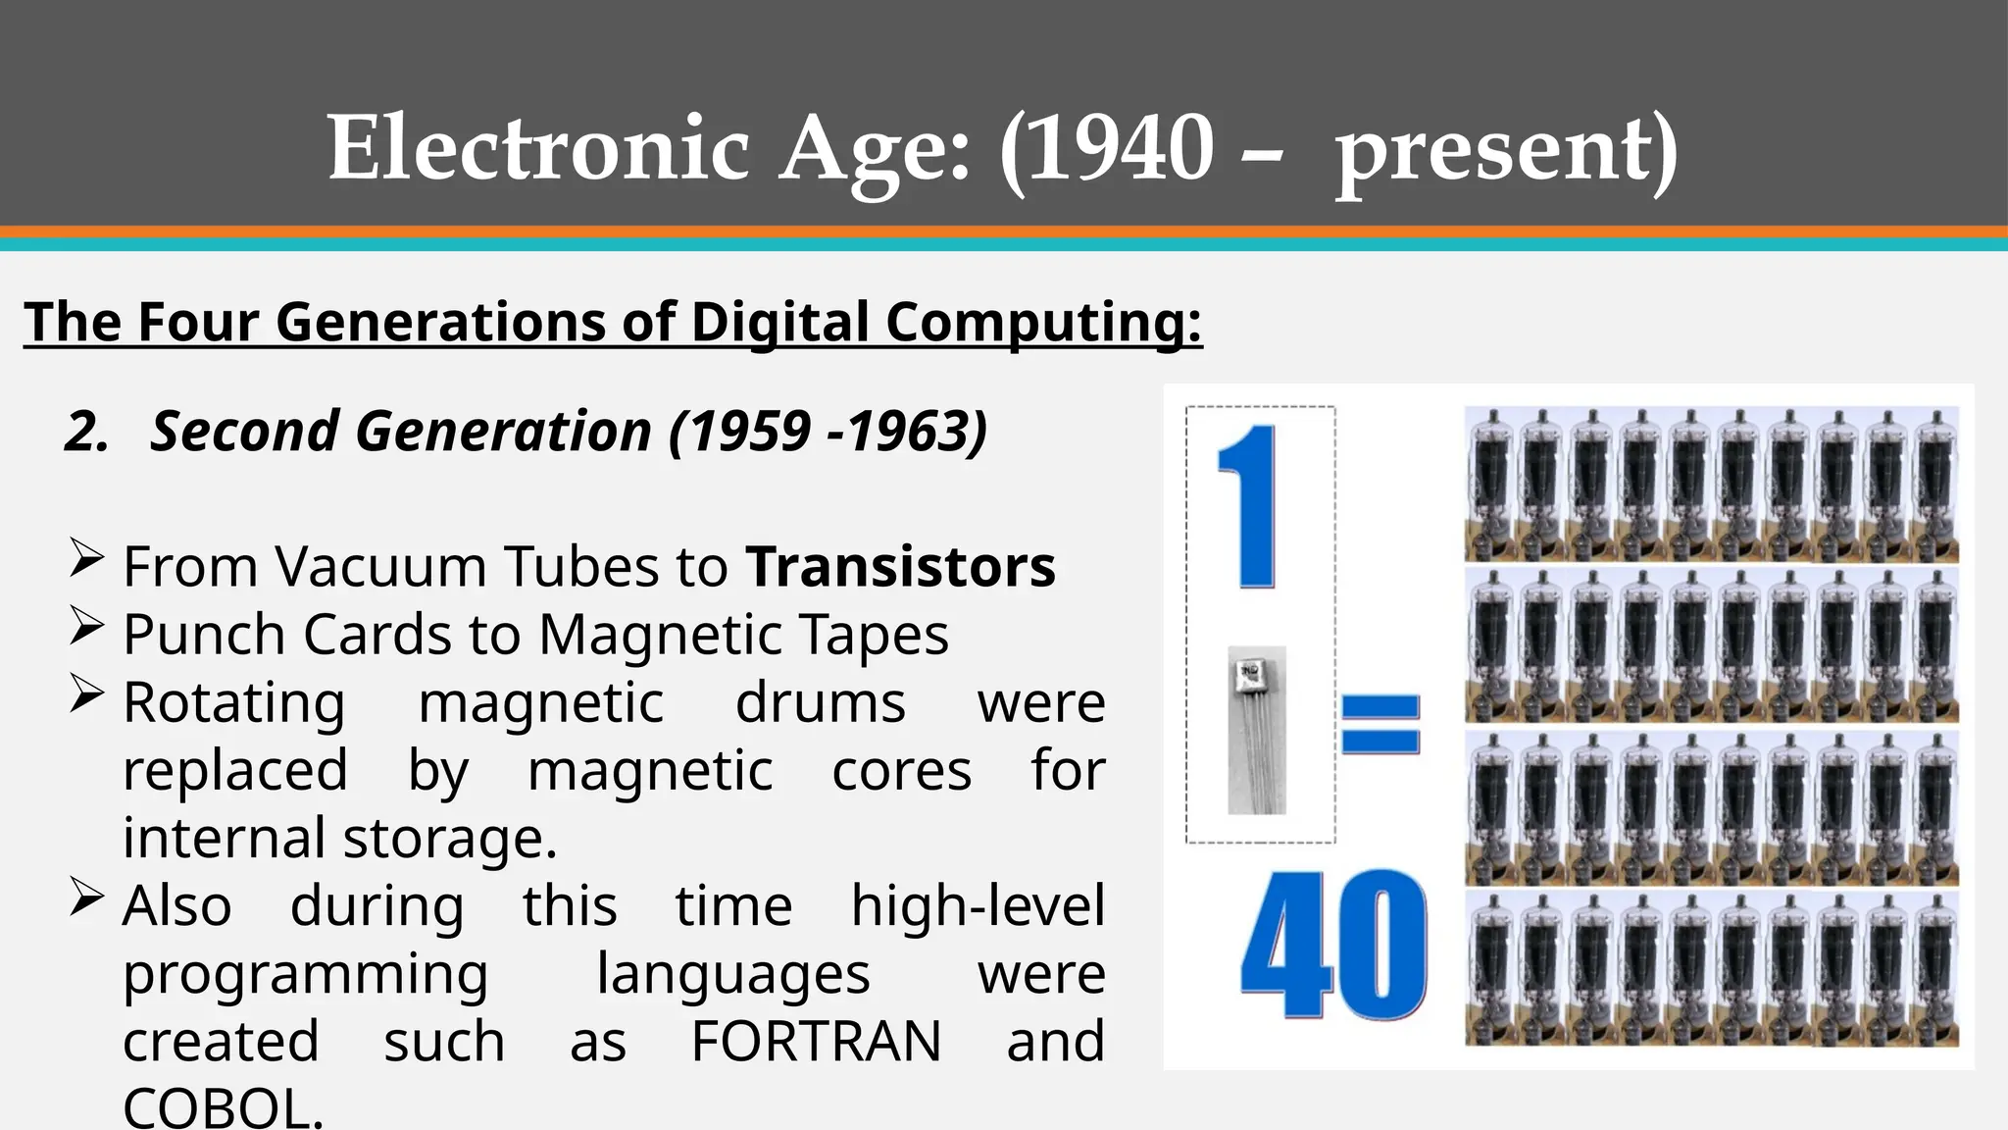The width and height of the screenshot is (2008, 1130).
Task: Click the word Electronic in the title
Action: tap(538, 148)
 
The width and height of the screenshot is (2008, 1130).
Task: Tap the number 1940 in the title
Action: tap(1107, 148)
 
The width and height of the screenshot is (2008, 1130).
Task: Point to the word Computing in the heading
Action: tap(1042, 324)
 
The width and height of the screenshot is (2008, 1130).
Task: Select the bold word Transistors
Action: tap(900, 567)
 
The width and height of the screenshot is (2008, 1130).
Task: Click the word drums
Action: tap(821, 702)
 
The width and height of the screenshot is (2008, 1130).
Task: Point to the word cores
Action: tap(901, 770)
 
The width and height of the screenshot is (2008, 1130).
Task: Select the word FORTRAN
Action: tap(816, 1041)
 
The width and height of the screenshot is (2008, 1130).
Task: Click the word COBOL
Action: tap(223, 1108)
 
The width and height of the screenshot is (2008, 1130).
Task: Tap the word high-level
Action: tap(978, 905)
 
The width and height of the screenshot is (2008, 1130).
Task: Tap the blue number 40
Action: tap(1333, 945)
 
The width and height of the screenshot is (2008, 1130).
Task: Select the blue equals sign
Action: tap(1380, 724)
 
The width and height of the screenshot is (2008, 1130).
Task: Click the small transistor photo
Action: tap(1256, 730)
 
